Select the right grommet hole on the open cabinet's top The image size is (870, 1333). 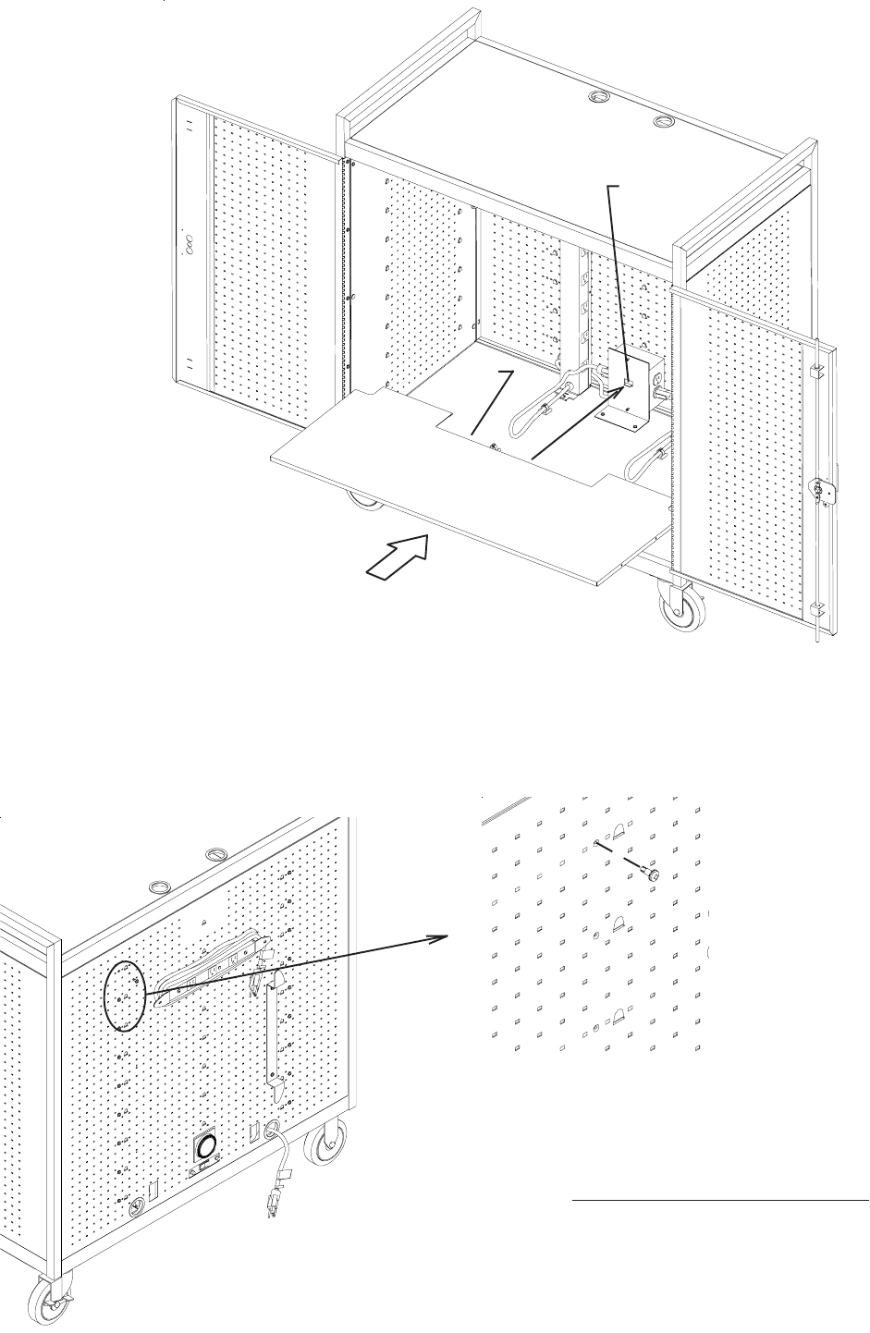[x=663, y=122]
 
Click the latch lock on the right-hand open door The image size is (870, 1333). [x=820, y=489]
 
